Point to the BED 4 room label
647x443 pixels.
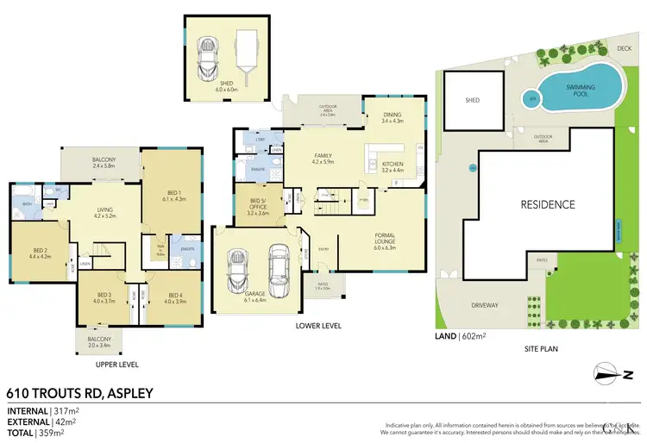[x=175, y=298]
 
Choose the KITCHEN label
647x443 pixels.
[x=393, y=165]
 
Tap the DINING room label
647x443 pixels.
[x=392, y=118]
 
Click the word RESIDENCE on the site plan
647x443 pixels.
[x=546, y=204]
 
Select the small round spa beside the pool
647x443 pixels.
[x=533, y=99]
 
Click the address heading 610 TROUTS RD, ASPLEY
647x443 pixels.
[x=79, y=393]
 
